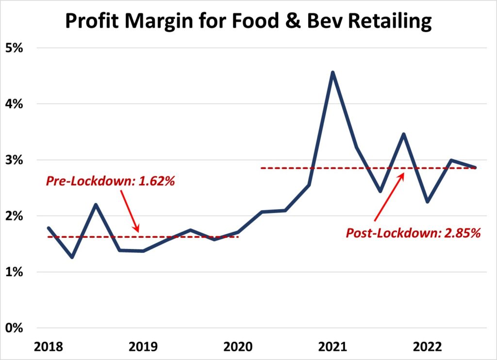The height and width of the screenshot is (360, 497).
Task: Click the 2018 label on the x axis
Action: [49, 347]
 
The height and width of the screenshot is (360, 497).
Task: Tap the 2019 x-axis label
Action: [143, 347]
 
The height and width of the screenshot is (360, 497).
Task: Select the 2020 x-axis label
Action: [238, 347]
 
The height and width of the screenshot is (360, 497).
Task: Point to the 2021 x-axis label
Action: [332, 347]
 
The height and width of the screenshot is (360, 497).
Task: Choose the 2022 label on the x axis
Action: [428, 347]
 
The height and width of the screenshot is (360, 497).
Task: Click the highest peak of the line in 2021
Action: [332, 73]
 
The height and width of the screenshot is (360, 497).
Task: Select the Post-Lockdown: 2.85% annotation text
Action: [413, 233]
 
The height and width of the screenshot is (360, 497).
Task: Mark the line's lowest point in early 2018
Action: [72, 257]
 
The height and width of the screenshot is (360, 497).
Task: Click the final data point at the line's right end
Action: [475, 167]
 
